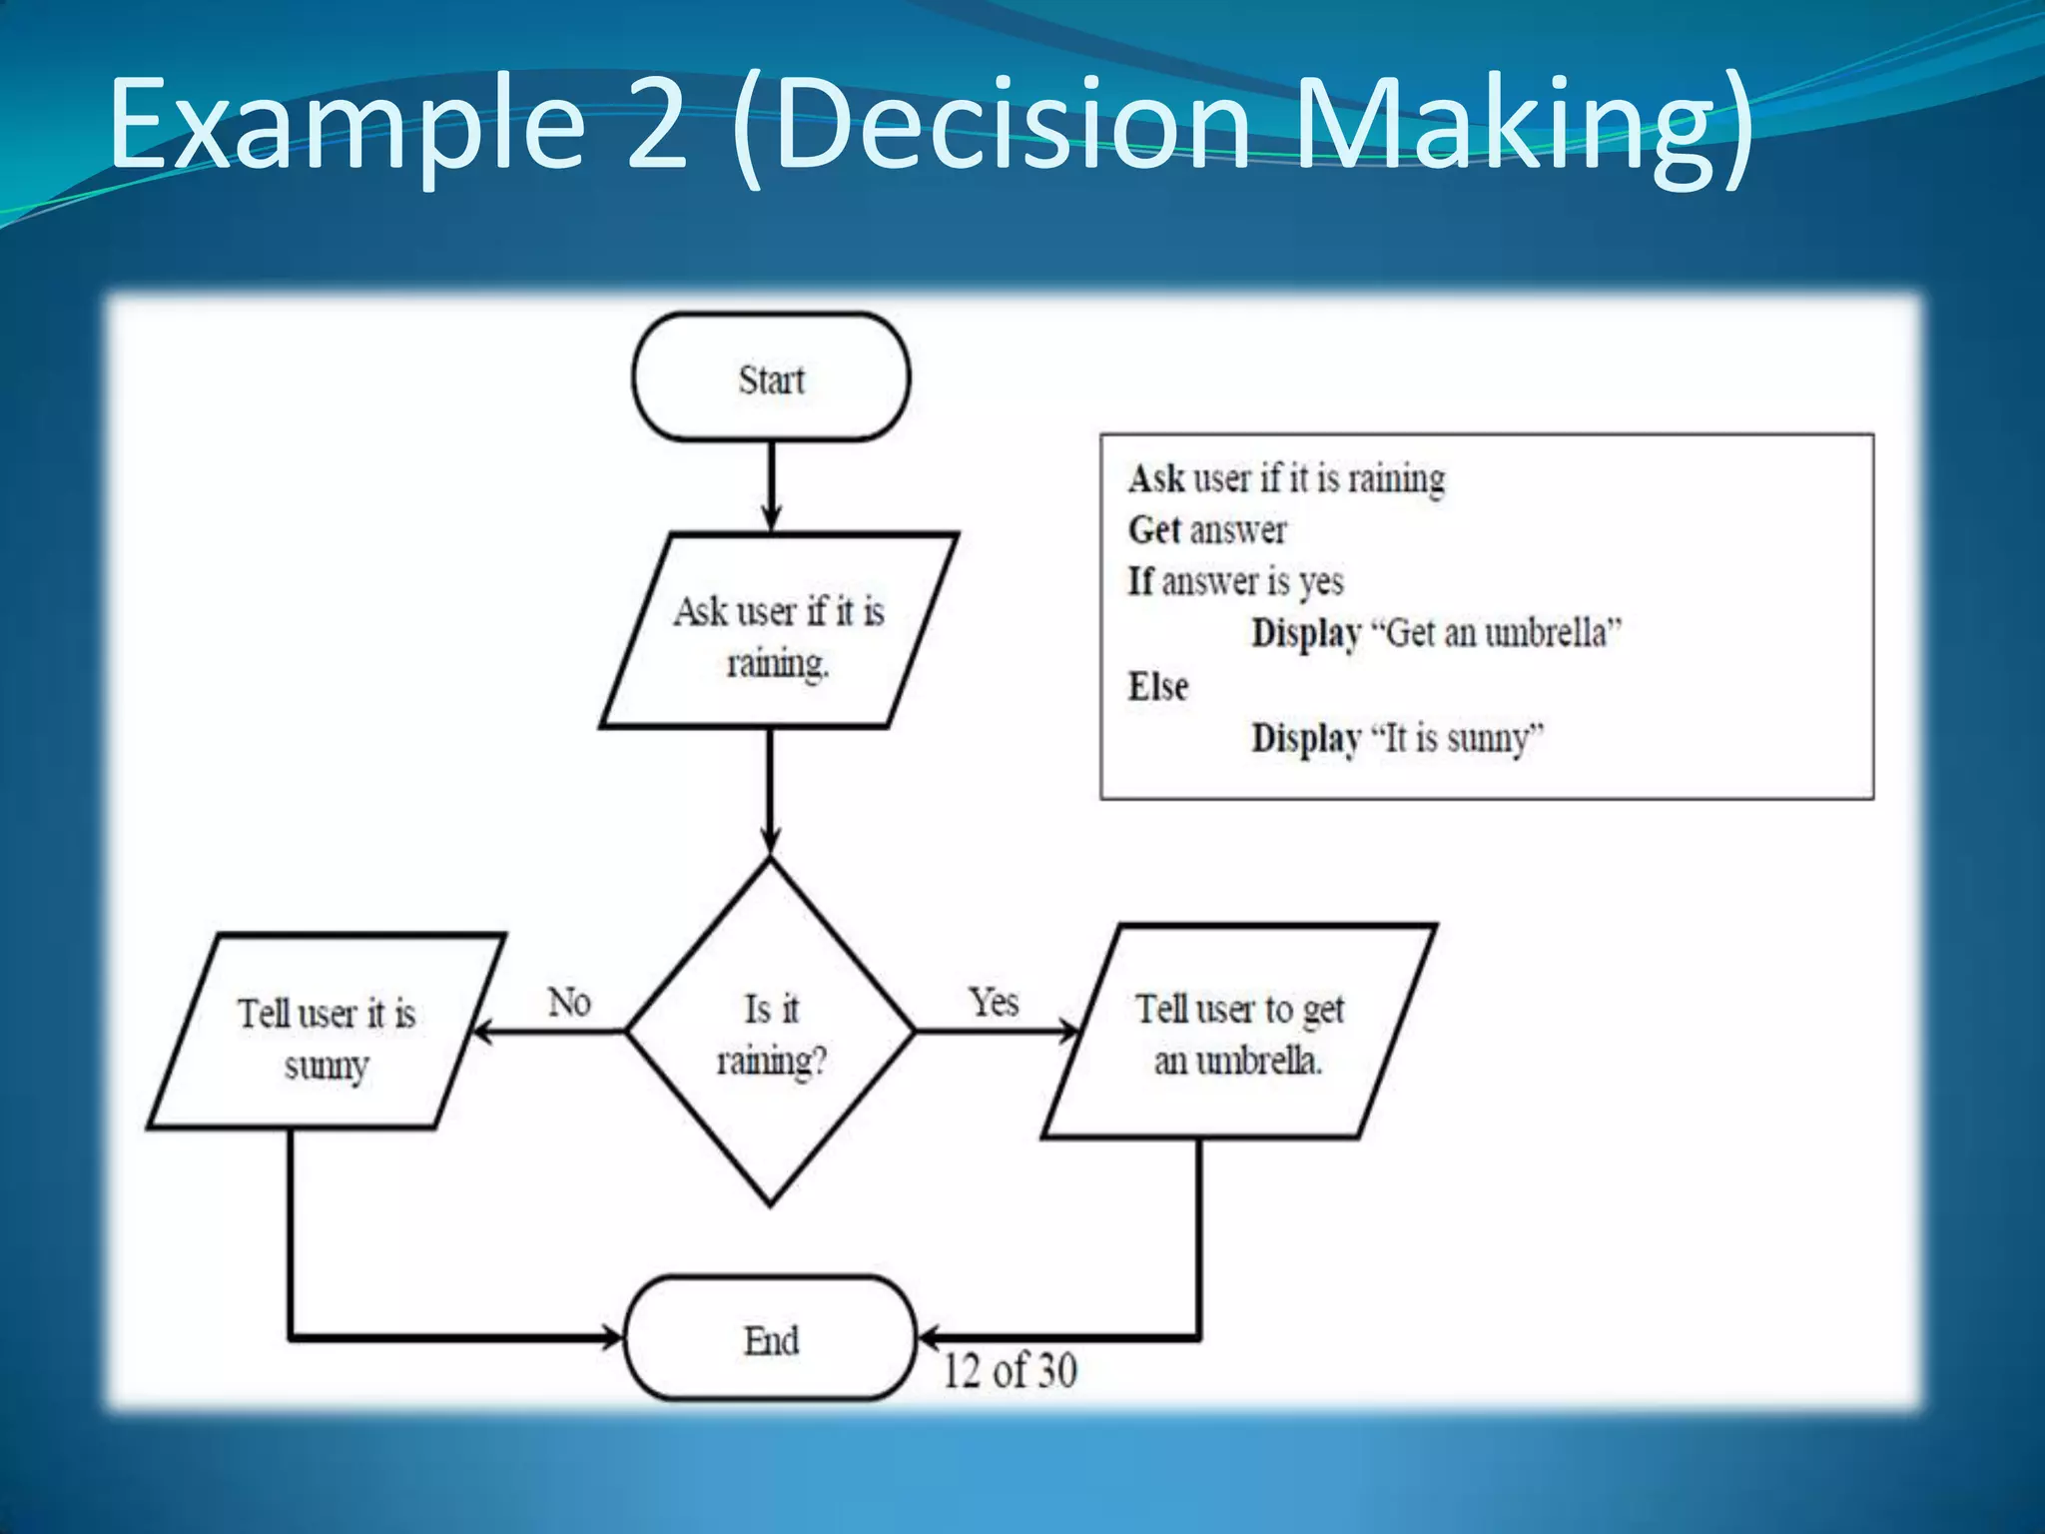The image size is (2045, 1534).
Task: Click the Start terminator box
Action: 771,378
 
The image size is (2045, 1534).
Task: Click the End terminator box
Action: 770,1339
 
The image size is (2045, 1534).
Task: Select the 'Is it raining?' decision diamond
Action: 771,1033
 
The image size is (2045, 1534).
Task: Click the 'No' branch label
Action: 569,1002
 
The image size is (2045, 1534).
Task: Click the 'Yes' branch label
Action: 994,1002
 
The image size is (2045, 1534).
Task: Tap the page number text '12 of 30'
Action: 1011,1370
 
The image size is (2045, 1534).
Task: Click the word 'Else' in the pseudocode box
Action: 1158,686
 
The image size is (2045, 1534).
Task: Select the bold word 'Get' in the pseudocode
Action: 1154,529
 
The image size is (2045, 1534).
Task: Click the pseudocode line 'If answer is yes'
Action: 1236,581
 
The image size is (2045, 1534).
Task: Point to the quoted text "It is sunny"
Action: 1457,738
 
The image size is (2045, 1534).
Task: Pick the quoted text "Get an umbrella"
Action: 1496,633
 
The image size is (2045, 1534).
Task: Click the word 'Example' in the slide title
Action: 345,125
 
